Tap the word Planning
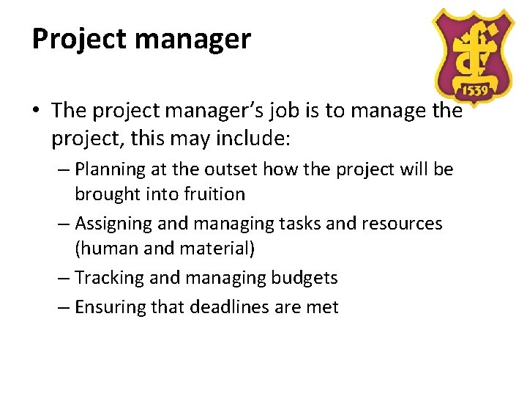click(x=111, y=169)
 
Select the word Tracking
click(x=109, y=277)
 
